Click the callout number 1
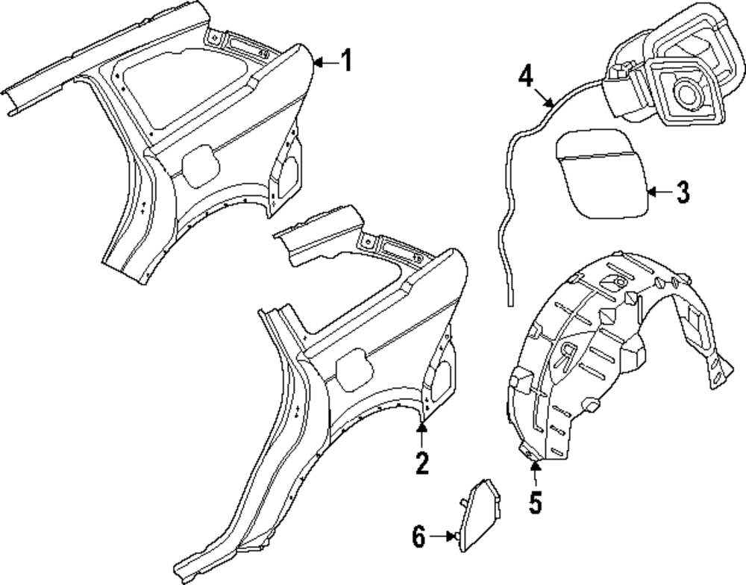(345, 62)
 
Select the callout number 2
(422, 464)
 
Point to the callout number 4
(527, 77)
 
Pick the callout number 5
(535, 501)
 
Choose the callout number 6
(419, 536)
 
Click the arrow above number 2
(422, 435)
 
